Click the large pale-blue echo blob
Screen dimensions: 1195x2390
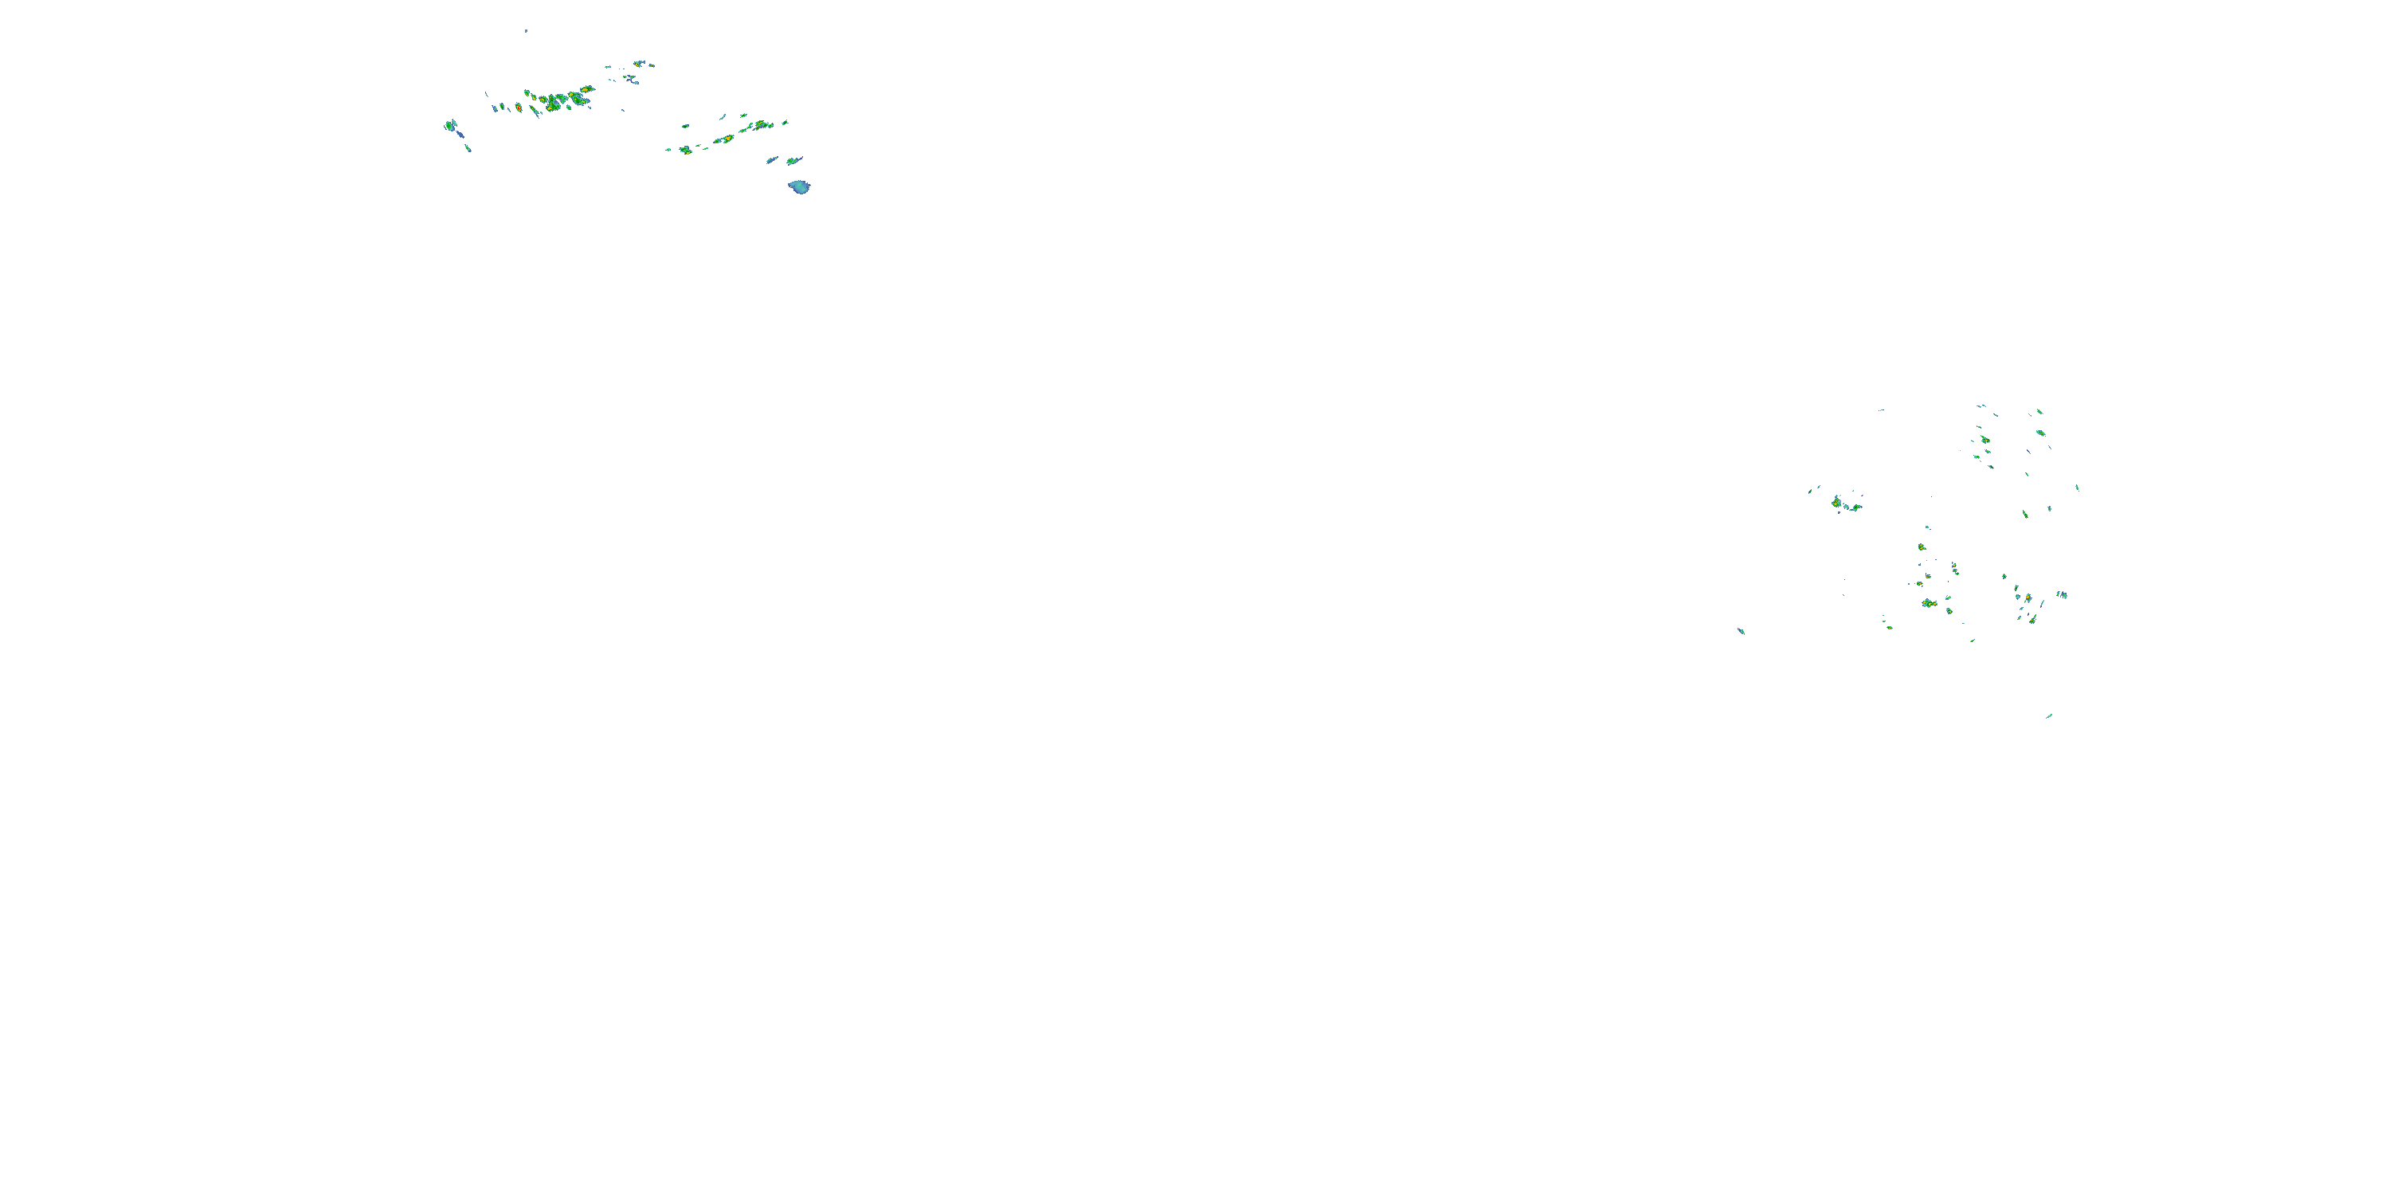[799, 187]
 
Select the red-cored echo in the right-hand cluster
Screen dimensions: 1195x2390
[1928, 604]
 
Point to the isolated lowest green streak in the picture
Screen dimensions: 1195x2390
[2048, 716]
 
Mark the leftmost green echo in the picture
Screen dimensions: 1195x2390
[449, 125]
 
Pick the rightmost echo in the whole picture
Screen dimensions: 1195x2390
[2076, 487]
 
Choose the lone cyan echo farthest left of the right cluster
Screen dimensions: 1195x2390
[1741, 631]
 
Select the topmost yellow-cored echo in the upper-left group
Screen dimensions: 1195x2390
[638, 63]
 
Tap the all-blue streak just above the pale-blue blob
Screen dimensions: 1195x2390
[771, 160]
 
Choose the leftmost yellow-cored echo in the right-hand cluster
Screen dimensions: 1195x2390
[1836, 502]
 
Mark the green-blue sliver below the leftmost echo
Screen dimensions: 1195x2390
[468, 147]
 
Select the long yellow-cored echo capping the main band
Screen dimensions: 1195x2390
[586, 90]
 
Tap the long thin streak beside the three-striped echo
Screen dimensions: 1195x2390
[2042, 604]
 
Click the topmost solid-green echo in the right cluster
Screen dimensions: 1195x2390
[2039, 411]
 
